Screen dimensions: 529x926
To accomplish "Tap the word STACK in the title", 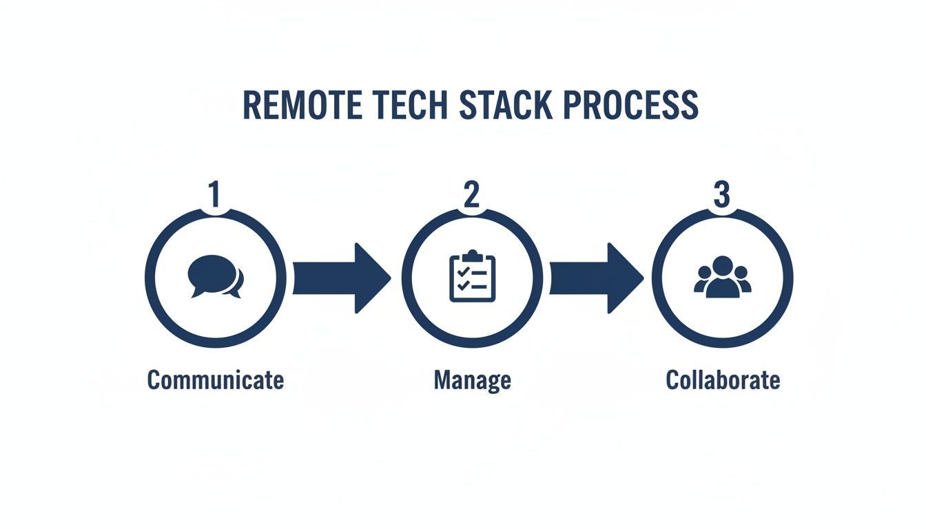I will pos(506,105).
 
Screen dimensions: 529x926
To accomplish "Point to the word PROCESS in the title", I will pos(630,105).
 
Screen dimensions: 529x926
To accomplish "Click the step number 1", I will pos(214,195).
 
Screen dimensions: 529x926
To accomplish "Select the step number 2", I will pos(471,195).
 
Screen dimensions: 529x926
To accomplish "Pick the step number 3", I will pos(721,195).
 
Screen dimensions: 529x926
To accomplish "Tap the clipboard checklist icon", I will pos(472,277).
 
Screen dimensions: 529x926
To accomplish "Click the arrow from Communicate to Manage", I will pos(340,278).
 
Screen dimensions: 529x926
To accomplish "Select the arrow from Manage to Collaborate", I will pos(595,278).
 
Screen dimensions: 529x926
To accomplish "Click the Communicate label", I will pos(216,380).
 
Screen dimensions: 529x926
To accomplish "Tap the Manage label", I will pos(472,380).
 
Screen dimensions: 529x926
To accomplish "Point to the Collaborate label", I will pos(723,380).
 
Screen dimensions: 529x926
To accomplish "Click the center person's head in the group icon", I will pos(722,265).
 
